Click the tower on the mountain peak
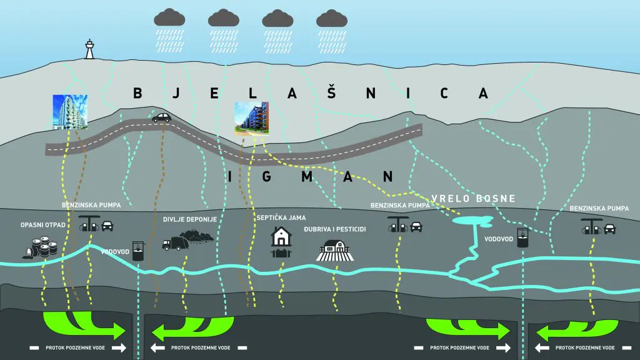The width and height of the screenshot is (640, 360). pos(89,49)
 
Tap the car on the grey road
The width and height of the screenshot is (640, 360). pos(161,117)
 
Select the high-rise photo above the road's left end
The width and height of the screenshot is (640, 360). pos(70,111)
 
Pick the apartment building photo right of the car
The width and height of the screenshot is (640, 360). pos(251,119)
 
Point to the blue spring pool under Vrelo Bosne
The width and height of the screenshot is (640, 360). pos(473,220)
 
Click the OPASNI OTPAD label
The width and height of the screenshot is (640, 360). pos(42,224)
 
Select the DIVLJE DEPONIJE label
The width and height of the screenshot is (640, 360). pos(189,219)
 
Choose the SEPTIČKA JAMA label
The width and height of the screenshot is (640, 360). pos(281,217)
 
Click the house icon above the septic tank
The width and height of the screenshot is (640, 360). pos(281,236)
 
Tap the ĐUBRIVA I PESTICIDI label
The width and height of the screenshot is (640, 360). pos(334,229)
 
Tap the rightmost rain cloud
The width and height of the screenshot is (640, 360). pos(331,17)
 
